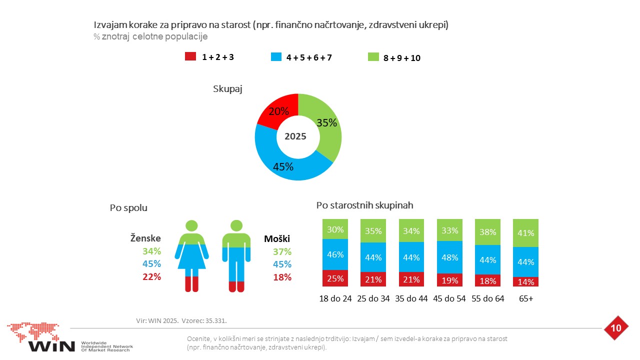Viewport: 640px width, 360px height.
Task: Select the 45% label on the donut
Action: [283, 167]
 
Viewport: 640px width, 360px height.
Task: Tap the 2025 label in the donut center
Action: [295, 136]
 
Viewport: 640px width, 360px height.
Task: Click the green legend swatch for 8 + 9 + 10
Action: [373, 57]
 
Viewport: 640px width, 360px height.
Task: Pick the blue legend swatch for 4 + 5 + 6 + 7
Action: [276, 56]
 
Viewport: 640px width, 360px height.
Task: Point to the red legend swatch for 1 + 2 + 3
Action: [190, 56]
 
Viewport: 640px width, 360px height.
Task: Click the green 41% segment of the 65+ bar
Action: [525, 233]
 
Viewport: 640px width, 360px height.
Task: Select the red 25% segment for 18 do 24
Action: [335, 278]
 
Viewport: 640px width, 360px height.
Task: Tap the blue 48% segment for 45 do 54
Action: [449, 257]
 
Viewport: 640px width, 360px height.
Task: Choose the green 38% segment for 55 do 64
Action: [487, 232]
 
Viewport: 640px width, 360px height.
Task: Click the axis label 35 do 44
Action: [411, 298]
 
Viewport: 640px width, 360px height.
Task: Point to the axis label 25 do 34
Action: [373, 298]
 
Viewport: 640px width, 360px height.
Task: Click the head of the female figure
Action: [191, 225]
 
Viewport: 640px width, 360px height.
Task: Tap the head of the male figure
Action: [236, 225]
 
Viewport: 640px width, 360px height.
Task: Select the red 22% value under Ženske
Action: [151, 276]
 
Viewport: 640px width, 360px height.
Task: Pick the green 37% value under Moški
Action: [282, 251]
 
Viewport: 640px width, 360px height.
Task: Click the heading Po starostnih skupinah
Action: [364, 205]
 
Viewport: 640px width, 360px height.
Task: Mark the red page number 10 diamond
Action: [616, 328]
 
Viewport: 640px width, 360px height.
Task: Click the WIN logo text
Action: [51, 346]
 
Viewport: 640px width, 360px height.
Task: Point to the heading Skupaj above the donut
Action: [227, 89]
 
